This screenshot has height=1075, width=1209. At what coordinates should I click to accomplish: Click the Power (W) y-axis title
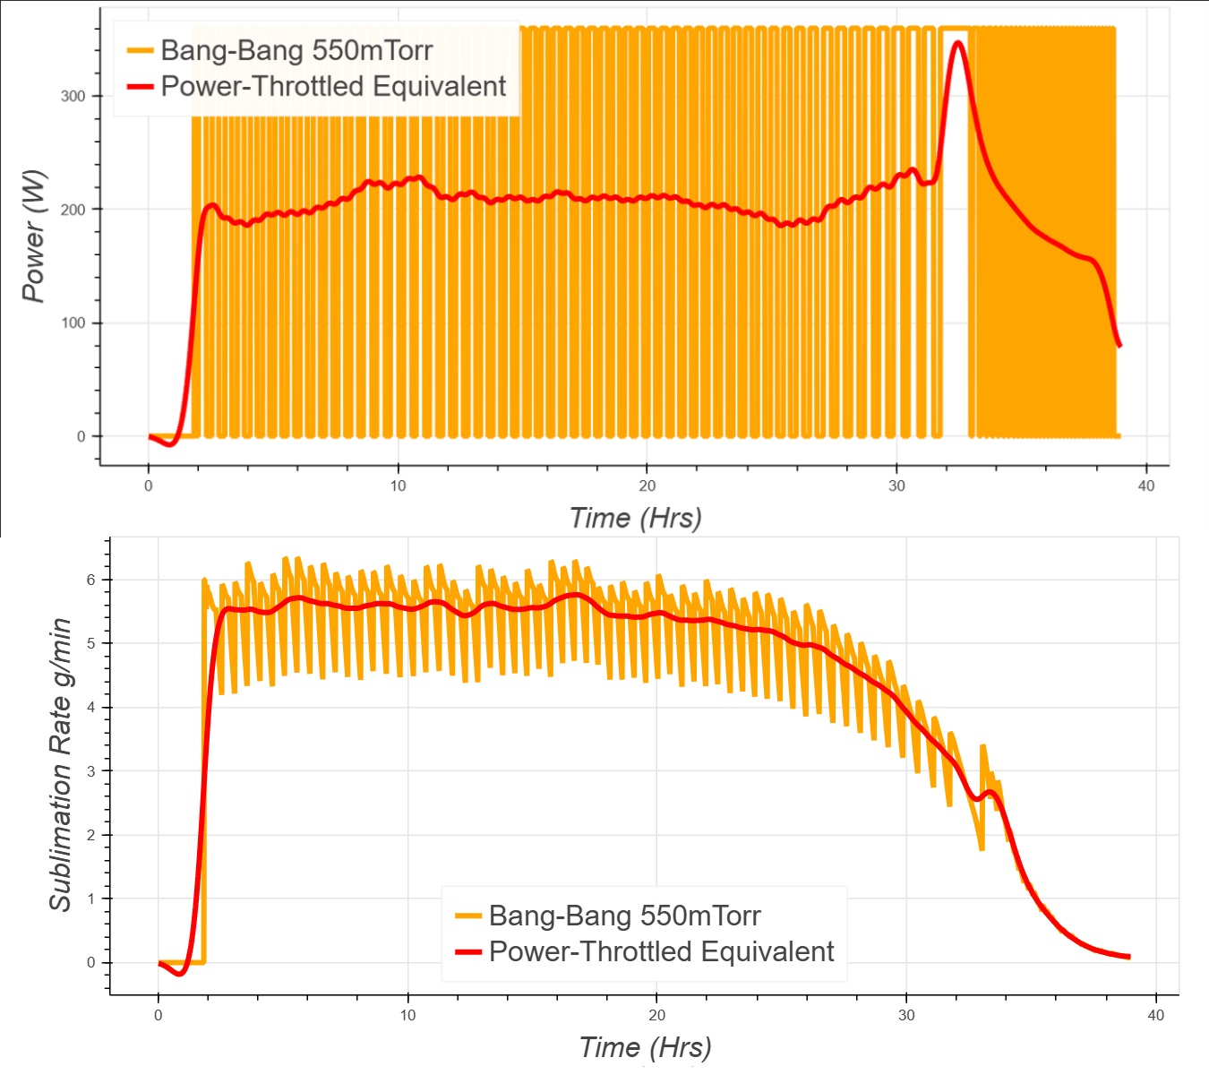tap(33, 236)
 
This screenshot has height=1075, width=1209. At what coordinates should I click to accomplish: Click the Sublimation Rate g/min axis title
tap(59, 764)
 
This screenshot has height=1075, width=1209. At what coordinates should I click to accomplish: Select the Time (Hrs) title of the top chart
tap(635, 518)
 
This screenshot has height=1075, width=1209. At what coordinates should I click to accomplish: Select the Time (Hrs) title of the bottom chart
tap(645, 1046)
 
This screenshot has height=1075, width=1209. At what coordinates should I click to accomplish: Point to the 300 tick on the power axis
tap(73, 96)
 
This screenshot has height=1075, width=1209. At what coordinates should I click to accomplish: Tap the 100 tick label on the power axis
tap(73, 322)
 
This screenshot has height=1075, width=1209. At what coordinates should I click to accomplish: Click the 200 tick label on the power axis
tap(73, 210)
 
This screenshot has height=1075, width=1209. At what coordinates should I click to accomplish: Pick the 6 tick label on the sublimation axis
tap(91, 580)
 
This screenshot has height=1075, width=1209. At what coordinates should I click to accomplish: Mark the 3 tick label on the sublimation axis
tap(91, 771)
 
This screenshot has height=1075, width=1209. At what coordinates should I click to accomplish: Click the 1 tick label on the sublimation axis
tap(91, 899)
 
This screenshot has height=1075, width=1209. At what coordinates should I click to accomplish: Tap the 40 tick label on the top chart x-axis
tap(1145, 486)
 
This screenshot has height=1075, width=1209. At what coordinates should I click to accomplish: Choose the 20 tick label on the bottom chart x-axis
tap(656, 1015)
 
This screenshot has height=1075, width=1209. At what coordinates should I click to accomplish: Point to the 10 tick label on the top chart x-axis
tap(398, 486)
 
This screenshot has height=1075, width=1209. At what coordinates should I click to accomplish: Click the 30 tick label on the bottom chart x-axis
tap(906, 1015)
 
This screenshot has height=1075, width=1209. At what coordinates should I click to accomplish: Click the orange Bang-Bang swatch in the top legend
tap(140, 50)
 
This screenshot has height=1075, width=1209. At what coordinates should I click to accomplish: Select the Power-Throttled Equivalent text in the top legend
tap(333, 86)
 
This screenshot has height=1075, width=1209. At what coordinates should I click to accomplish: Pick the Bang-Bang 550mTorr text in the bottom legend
tap(624, 916)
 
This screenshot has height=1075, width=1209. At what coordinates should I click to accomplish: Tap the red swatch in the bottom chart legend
tap(468, 951)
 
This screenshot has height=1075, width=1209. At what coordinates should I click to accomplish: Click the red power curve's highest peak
tap(958, 42)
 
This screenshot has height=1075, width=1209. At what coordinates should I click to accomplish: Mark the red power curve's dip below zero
tap(171, 443)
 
